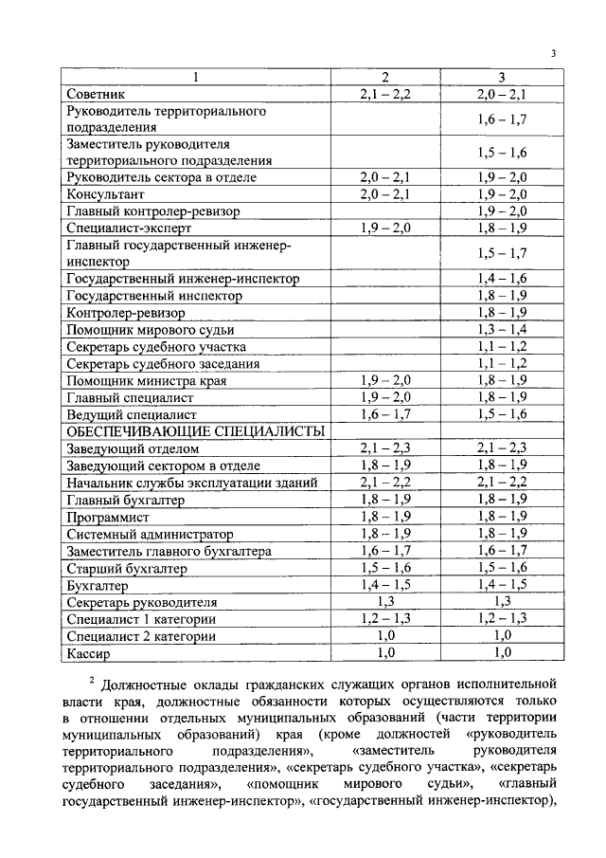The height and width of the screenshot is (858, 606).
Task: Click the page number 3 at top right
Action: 554,53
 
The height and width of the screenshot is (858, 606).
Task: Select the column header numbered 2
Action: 384,77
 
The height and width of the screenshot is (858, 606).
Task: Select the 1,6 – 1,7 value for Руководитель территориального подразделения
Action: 502,119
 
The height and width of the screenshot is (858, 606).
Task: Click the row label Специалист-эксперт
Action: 129,228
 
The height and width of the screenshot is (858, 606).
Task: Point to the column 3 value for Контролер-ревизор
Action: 502,312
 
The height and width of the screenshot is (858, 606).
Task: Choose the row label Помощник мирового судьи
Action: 150,329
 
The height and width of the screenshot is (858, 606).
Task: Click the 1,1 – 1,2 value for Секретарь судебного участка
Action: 502,346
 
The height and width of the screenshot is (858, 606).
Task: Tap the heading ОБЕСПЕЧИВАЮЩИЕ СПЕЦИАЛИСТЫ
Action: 195,431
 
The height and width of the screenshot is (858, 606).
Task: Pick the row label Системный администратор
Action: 150,534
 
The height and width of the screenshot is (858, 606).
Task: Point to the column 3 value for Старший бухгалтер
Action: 502,567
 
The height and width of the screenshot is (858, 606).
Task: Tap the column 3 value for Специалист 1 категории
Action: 502,619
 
